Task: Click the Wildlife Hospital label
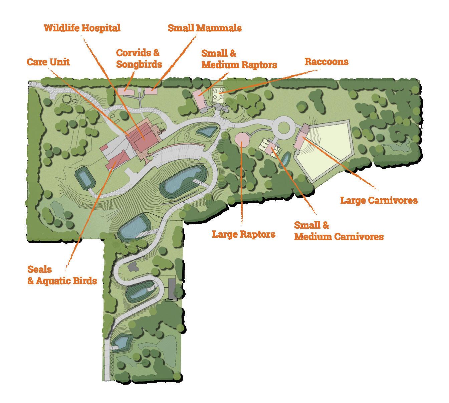tap(82, 28)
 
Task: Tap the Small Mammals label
tap(205, 28)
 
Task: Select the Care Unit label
tap(48, 62)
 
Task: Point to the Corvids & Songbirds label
tap(139, 58)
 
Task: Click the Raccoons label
tap(326, 61)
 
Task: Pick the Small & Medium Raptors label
tap(239, 59)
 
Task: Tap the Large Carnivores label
tap(379, 200)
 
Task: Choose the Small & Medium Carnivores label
tap(338, 231)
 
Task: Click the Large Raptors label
tap(244, 234)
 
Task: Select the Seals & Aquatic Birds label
tap(62, 275)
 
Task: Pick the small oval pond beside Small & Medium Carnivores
tap(285, 158)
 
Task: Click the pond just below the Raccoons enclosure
tap(206, 131)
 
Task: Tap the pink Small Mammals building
tap(151, 90)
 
